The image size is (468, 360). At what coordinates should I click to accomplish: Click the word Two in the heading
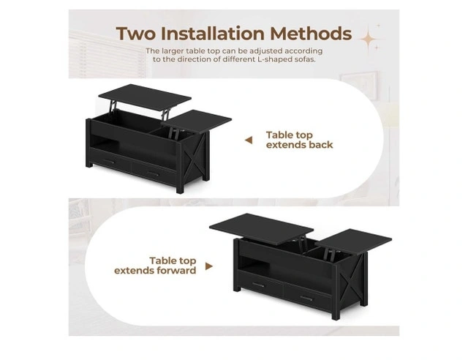pos(136,34)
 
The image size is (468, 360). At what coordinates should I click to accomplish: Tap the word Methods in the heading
pos(311,34)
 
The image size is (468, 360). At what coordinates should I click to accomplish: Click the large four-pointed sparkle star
pos(368,39)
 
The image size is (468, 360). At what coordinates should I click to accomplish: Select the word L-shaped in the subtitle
pos(273,59)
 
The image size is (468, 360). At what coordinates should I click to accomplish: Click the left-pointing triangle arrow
pos(249,140)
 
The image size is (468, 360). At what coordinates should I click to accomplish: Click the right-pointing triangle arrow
pos(209,266)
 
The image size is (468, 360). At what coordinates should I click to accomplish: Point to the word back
pos(320,145)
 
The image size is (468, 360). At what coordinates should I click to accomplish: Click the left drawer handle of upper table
pos(109,162)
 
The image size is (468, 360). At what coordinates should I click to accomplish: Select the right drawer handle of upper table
pos(153,173)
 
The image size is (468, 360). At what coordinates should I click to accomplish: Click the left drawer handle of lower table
pos(258,285)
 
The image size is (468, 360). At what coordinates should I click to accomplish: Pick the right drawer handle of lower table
pos(306,298)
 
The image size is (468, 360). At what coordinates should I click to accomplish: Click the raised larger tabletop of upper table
pos(145,97)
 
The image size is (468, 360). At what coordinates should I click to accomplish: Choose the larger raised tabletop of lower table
pos(262,228)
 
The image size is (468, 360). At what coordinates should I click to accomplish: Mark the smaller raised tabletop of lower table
pos(353,241)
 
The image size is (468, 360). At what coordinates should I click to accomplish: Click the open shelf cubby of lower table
pos(254,266)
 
